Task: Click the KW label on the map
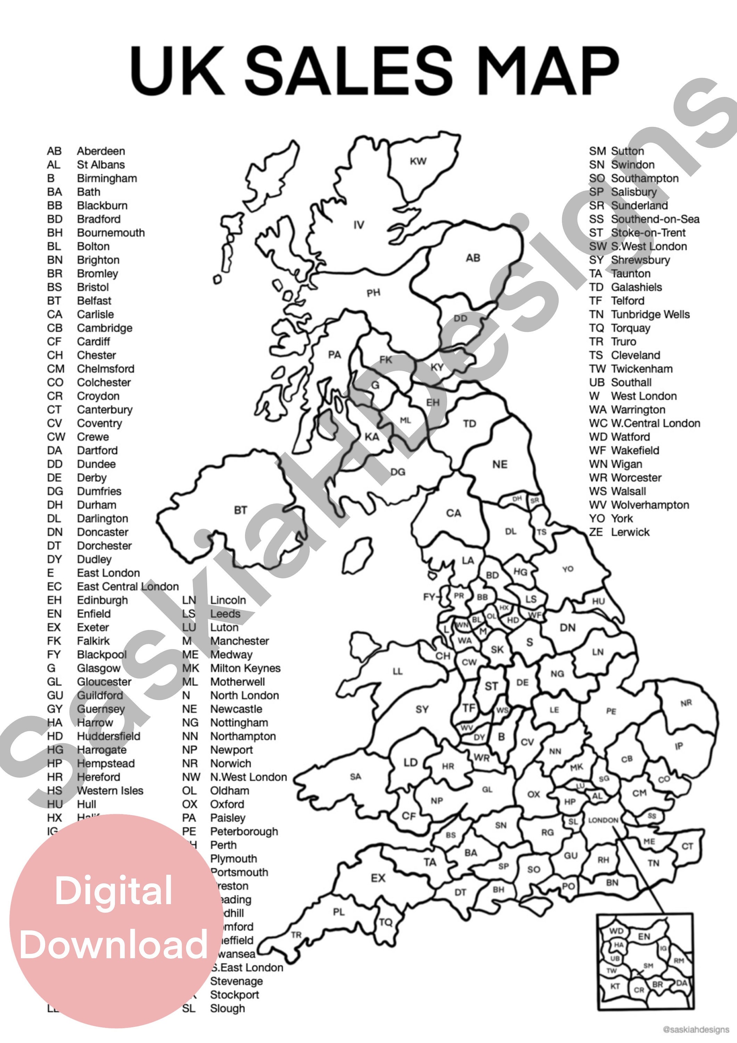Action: click(418, 161)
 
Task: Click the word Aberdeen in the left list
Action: click(101, 151)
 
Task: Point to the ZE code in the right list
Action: click(596, 532)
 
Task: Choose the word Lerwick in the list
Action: click(630, 532)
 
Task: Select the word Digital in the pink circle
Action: click(114, 890)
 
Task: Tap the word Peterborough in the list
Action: click(244, 831)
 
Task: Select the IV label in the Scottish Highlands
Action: click(359, 225)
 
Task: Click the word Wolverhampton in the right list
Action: click(650, 505)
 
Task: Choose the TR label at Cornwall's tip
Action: click(296, 935)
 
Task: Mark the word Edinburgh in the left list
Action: click(102, 600)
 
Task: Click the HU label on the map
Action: click(598, 601)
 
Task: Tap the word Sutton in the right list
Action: click(627, 151)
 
